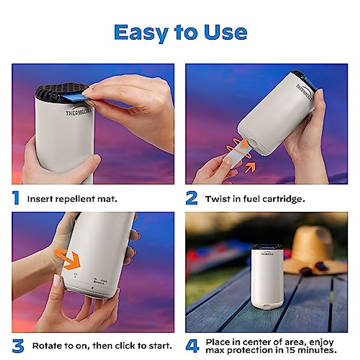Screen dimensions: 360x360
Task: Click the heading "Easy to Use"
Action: pyautogui.click(x=180, y=32)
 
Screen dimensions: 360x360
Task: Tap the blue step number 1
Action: pyautogui.click(x=16, y=198)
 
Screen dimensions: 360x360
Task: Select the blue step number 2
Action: pyautogui.click(x=191, y=198)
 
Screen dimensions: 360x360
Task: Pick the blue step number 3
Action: pyautogui.click(x=18, y=346)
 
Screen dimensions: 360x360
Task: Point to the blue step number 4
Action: pyautogui.click(x=192, y=346)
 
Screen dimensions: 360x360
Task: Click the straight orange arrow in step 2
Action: pyautogui.click(x=250, y=167)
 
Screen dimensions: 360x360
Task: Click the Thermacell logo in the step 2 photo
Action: pyautogui.click(x=304, y=92)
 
